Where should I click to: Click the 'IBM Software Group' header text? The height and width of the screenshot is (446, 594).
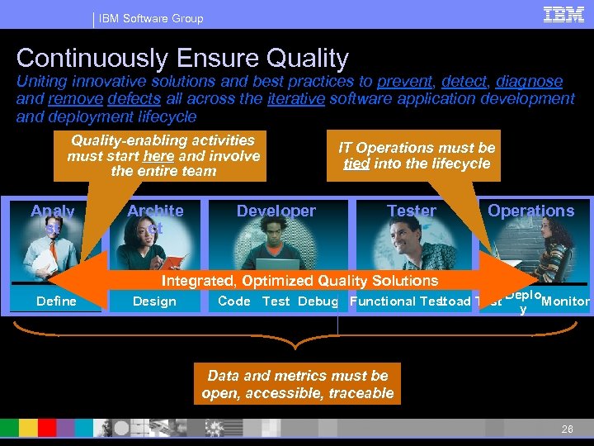coord(151,18)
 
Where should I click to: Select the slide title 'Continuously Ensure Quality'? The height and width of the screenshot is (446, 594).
coord(182,58)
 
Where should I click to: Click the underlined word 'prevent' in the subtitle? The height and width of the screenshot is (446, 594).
coord(404,81)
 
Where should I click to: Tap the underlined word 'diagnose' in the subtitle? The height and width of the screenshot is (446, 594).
coord(529,81)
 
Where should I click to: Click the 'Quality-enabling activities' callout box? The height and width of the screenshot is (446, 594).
coord(163,155)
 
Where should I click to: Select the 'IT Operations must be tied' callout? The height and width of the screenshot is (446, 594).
coord(417,155)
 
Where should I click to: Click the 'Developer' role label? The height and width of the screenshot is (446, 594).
coord(276,211)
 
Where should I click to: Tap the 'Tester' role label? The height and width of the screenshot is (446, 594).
coord(411,211)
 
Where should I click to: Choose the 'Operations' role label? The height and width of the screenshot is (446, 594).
coord(530,211)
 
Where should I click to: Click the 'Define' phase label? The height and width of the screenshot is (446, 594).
coord(56,301)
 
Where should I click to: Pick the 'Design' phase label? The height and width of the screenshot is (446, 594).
coord(154,301)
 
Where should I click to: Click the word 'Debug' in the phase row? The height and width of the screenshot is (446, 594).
coord(318,301)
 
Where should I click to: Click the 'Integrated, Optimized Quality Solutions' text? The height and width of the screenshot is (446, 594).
coord(305,282)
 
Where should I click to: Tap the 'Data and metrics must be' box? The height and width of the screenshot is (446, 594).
coord(297,384)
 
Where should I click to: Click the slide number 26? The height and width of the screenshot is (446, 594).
coord(567,429)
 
